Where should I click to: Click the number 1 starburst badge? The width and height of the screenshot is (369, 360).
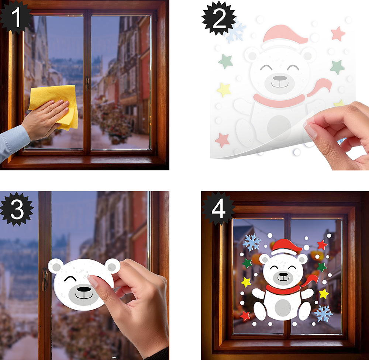tap(15, 17)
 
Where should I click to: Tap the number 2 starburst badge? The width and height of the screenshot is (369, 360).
tap(219, 18)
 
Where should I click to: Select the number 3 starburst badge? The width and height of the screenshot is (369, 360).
tap(17, 209)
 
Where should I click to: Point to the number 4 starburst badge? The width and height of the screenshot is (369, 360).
tap(218, 209)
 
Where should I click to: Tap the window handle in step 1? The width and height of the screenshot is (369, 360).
tap(87, 83)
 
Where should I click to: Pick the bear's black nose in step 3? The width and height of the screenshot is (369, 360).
tap(84, 289)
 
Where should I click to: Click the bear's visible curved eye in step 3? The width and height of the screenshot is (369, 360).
tap(70, 279)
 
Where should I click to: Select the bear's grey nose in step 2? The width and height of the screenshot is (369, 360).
tap(280, 78)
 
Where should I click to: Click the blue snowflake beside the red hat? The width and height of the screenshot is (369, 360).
tap(252, 242)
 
